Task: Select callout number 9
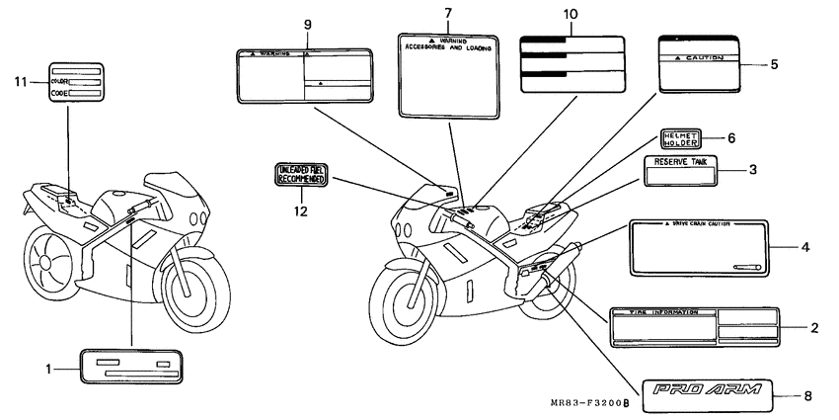click(x=307, y=23)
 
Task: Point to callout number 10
click(x=572, y=16)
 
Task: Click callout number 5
click(x=773, y=64)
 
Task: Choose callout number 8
click(x=807, y=396)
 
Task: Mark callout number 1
click(x=48, y=369)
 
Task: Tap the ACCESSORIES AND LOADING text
click(x=447, y=46)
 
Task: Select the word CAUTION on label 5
click(x=704, y=59)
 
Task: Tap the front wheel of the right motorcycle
click(x=407, y=298)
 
